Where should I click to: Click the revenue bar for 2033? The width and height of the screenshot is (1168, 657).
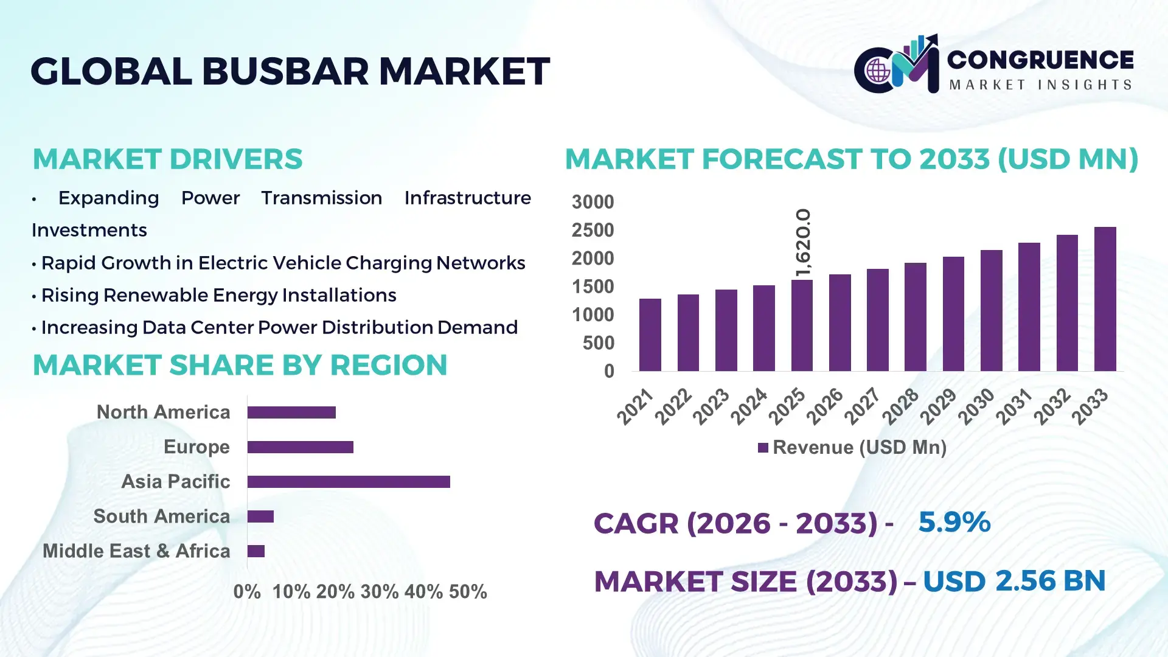pyautogui.click(x=1105, y=299)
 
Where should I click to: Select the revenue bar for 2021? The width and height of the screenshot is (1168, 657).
pyautogui.click(x=650, y=335)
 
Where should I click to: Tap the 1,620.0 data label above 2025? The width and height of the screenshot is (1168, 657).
pyautogui.click(x=803, y=242)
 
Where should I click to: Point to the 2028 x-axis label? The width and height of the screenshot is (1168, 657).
pyautogui.click(x=901, y=406)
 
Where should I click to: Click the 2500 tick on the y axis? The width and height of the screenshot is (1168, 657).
pyautogui.click(x=593, y=231)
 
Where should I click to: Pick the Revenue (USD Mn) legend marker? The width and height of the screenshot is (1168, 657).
pyautogui.click(x=763, y=448)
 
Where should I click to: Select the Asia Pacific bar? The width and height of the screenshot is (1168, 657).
pyautogui.click(x=349, y=482)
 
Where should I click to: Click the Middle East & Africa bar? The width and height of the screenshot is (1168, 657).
pyautogui.click(x=256, y=551)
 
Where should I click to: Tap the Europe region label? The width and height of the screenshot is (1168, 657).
pyautogui.click(x=196, y=447)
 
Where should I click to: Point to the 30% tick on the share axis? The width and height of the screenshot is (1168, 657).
pyautogui.click(x=379, y=592)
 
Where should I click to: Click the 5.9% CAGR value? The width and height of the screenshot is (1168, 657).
pyautogui.click(x=954, y=522)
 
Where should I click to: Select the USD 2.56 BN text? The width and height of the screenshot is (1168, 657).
pyautogui.click(x=1013, y=581)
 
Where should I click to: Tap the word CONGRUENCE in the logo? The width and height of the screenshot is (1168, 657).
pyautogui.click(x=1040, y=60)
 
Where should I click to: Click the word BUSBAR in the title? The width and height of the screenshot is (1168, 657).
pyautogui.click(x=285, y=71)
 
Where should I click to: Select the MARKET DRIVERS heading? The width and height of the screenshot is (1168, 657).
pyautogui.click(x=167, y=159)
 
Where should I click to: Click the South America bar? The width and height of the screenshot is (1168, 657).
pyautogui.click(x=260, y=516)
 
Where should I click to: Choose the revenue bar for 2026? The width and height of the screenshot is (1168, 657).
pyautogui.click(x=839, y=323)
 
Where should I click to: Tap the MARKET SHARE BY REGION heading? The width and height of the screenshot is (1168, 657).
pyautogui.click(x=240, y=366)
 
